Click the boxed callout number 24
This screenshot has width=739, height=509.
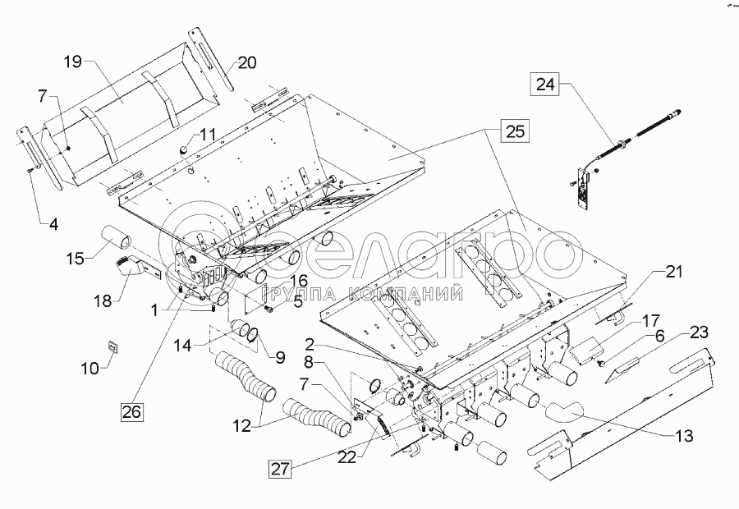(x=547, y=83)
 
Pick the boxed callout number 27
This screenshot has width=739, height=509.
(x=279, y=470)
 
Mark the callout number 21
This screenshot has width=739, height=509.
(x=674, y=272)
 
